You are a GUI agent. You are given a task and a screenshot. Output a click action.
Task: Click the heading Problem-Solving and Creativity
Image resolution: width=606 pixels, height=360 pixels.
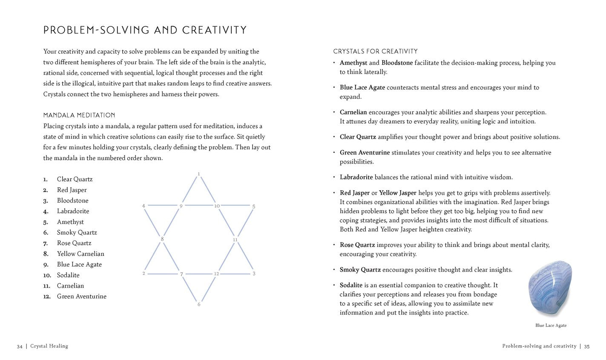click(145, 30)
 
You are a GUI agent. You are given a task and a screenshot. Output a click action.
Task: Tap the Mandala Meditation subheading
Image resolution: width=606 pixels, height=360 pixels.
click(79, 115)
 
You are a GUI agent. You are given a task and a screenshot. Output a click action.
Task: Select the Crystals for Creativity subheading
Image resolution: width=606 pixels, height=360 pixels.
click(375, 51)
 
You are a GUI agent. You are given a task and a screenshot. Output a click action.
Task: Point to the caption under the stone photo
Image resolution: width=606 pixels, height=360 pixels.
click(551, 326)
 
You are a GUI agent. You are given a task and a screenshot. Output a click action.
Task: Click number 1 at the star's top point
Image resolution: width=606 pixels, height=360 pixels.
click(199, 174)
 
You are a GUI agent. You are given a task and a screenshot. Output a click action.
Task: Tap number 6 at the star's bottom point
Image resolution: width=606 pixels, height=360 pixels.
click(199, 305)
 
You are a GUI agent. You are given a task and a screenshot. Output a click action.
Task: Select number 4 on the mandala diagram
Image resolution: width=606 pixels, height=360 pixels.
click(144, 206)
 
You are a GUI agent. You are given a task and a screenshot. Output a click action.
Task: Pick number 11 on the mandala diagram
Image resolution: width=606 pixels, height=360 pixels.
click(235, 240)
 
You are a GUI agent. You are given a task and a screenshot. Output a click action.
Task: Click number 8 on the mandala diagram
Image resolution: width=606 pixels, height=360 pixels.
click(162, 239)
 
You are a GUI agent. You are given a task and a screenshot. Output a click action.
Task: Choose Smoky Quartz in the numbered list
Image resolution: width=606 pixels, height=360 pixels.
click(77, 232)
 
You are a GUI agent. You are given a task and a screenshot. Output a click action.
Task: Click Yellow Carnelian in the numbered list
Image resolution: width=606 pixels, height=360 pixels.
click(80, 254)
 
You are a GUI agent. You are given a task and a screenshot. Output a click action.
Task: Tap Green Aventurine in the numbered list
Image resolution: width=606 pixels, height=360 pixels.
click(82, 296)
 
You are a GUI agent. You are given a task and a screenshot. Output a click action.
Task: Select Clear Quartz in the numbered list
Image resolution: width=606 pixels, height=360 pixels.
click(75, 179)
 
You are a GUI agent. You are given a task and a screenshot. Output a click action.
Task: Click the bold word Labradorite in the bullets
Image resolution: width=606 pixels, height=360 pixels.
click(356, 177)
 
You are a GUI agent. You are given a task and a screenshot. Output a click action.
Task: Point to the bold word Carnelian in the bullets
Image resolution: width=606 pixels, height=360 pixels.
click(353, 112)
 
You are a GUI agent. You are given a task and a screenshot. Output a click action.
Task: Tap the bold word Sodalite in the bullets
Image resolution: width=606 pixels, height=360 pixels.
click(351, 285)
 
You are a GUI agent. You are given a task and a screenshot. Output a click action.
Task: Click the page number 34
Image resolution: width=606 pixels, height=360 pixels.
click(20, 346)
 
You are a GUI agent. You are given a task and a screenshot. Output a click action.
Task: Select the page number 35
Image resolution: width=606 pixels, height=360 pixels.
click(586, 346)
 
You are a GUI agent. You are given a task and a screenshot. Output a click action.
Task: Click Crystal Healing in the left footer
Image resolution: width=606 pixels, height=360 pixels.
click(49, 346)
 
